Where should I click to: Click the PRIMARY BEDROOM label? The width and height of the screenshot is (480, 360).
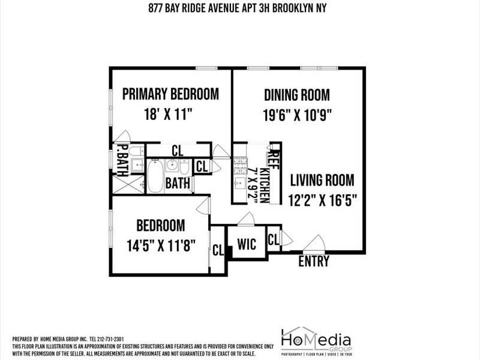pos(170,94)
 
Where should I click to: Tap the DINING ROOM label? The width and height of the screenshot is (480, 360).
pos(297,95)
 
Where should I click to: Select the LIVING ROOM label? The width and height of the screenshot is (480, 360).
pos(322,180)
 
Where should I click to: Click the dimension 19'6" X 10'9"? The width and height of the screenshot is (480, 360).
pos(298,114)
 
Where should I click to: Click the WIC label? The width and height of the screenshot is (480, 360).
pos(247,244)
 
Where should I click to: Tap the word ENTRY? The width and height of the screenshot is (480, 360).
pos(314,262)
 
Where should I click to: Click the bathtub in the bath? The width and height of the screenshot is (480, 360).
pos(155,175)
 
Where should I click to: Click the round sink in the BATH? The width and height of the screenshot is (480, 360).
pos(173,166)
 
